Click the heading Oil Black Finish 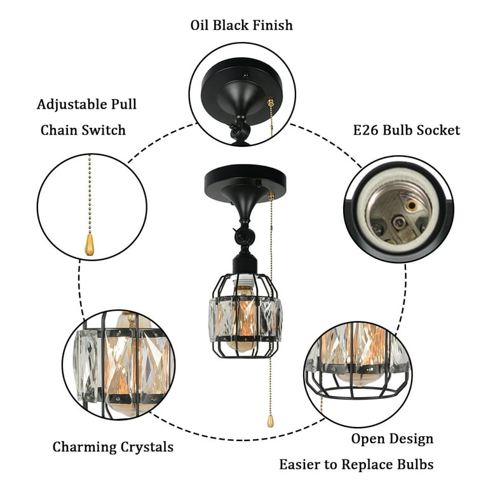point(241,25)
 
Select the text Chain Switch point(83,130)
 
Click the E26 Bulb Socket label point(406,130)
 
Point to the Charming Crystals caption point(112,447)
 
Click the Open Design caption point(392,439)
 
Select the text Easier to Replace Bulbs point(356,464)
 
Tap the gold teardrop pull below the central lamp point(271,421)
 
